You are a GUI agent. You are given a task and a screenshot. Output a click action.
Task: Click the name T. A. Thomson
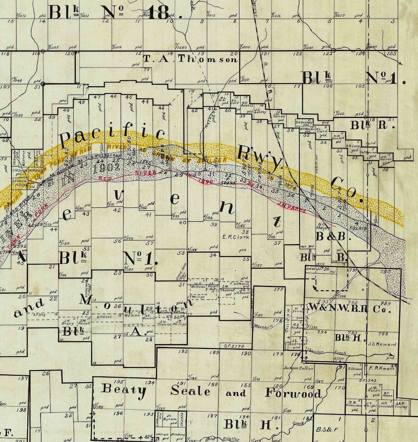[x=190, y=59]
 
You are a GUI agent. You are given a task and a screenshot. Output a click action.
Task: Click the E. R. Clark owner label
[x=236, y=237]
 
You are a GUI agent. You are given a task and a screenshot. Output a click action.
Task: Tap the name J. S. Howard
[x=382, y=344]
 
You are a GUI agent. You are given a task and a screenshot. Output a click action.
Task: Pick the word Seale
[x=191, y=391]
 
